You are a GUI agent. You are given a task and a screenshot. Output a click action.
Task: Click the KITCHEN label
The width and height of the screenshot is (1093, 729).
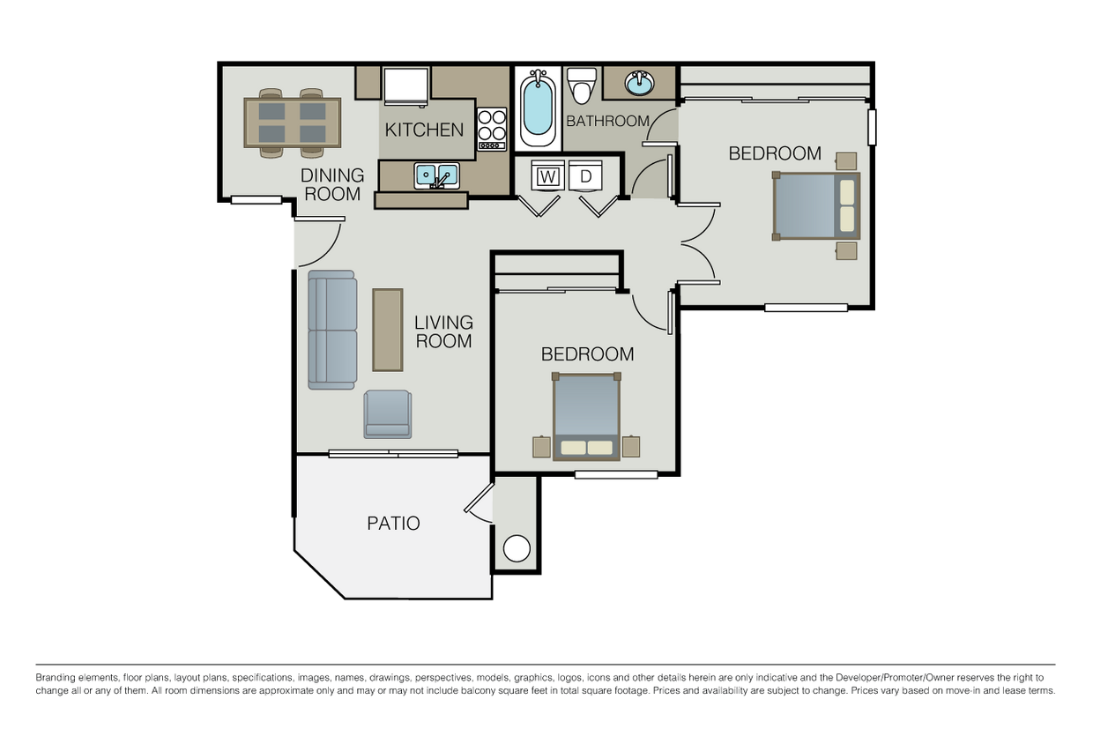(424, 130)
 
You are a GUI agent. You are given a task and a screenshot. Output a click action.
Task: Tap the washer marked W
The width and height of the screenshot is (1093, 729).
(547, 176)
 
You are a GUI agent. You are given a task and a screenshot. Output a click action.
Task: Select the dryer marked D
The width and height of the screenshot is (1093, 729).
(585, 176)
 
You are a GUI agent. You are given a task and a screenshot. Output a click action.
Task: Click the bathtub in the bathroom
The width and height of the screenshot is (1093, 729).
(537, 109)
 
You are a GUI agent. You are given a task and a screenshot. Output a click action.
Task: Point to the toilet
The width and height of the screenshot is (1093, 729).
(581, 86)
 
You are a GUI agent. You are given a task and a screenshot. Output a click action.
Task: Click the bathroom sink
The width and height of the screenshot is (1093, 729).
(640, 84)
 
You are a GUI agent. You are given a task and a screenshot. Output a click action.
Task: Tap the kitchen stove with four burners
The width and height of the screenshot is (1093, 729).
(492, 129)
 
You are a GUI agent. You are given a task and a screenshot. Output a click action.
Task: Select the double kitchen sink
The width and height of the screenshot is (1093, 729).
(436, 175)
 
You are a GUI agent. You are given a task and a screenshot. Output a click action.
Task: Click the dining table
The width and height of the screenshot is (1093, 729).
(292, 123)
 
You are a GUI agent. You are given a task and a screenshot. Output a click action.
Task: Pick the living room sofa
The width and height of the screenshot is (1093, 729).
(331, 330)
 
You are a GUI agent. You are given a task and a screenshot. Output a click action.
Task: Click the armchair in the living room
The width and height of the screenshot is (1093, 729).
(388, 414)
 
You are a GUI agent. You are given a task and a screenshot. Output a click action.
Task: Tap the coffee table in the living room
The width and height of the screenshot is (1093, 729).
(387, 330)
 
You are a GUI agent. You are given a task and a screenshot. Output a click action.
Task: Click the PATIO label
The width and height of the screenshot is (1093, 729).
(393, 524)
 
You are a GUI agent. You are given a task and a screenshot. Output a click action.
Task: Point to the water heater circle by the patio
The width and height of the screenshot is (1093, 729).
(516, 548)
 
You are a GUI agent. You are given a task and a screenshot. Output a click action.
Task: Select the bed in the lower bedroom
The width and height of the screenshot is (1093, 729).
(587, 416)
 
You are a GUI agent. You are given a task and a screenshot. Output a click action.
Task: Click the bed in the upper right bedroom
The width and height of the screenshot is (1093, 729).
(816, 205)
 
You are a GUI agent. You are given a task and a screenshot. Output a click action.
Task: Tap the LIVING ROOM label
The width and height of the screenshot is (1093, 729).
(443, 331)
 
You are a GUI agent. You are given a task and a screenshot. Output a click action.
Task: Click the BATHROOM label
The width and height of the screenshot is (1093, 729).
(607, 121)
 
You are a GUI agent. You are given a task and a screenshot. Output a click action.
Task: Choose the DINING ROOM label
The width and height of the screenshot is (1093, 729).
(332, 184)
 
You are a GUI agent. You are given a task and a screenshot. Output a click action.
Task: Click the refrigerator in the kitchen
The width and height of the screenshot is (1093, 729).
(405, 86)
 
